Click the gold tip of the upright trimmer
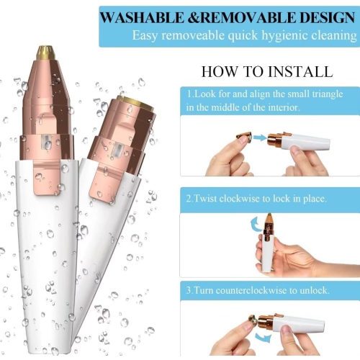45,52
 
